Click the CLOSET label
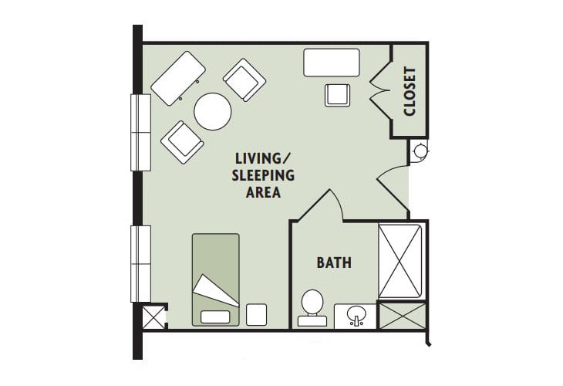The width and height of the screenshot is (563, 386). [410, 91]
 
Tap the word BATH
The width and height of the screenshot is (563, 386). [334, 262]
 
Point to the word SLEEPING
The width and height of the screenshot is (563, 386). [263, 175]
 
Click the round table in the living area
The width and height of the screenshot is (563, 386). [213, 111]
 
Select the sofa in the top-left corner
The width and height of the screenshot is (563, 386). [178, 78]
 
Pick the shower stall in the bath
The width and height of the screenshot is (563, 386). [400, 261]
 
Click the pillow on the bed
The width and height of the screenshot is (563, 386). [215, 317]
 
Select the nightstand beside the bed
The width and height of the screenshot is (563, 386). [256, 315]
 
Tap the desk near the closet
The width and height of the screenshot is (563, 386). [332, 63]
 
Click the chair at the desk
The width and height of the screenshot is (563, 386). [338, 95]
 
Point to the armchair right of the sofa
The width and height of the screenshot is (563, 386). [244, 80]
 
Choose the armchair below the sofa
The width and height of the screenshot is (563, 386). [183, 142]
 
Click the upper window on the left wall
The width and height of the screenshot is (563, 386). [140, 132]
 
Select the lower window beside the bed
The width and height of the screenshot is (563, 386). [140, 264]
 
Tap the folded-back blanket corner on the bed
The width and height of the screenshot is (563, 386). [215, 290]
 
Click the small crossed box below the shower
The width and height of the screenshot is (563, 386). [402, 316]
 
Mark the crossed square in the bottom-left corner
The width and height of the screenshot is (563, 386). [153, 317]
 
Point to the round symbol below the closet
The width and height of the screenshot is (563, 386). [420, 151]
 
